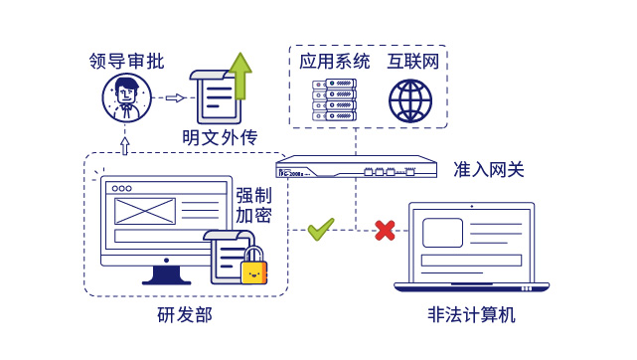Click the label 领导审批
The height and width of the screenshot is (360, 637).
tap(126, 61)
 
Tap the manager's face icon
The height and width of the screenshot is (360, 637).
tap(126, 97)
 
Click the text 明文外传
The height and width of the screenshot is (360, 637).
tap(220, 136)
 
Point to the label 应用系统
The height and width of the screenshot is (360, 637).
tap(335, 62)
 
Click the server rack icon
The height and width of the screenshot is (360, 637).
tap(334, 100)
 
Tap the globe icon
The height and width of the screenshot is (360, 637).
tap(410, 100)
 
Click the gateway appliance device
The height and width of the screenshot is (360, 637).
tap(356, 167)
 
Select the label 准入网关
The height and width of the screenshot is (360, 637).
tap(489, 169)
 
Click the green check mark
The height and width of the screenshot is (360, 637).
tap(320, 230)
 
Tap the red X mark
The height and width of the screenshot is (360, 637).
tap(385, 231)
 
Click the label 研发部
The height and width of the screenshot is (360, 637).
tap(185, 315)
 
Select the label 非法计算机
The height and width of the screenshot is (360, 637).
tap(472, 315)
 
